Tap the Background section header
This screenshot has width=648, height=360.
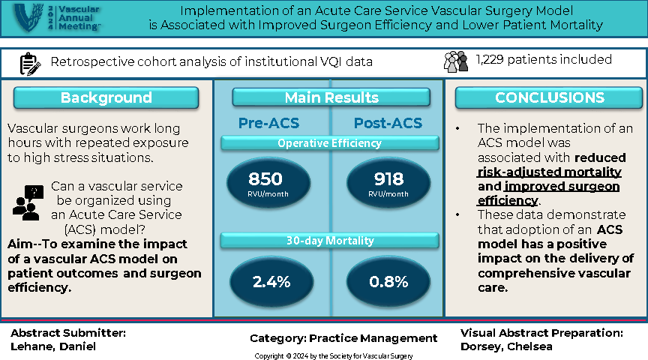(x=106, y=98)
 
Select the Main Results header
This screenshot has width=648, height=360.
(x=331, y=98)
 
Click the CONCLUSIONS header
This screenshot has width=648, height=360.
(x=549, y=98)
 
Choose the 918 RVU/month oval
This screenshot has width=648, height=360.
(x=388, y=181)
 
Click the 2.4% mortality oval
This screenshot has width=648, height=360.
(x=271, y=282)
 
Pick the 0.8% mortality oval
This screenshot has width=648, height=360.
(x=388, y=282)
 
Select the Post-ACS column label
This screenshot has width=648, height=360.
(x=388, y=123)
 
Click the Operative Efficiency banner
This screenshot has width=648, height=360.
(x=330, y=143)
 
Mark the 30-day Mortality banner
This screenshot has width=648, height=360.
(x=330, y=240)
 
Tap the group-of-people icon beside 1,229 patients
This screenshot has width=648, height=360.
(x=455, y=61)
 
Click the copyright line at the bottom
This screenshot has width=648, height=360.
(x=333, y=355)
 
